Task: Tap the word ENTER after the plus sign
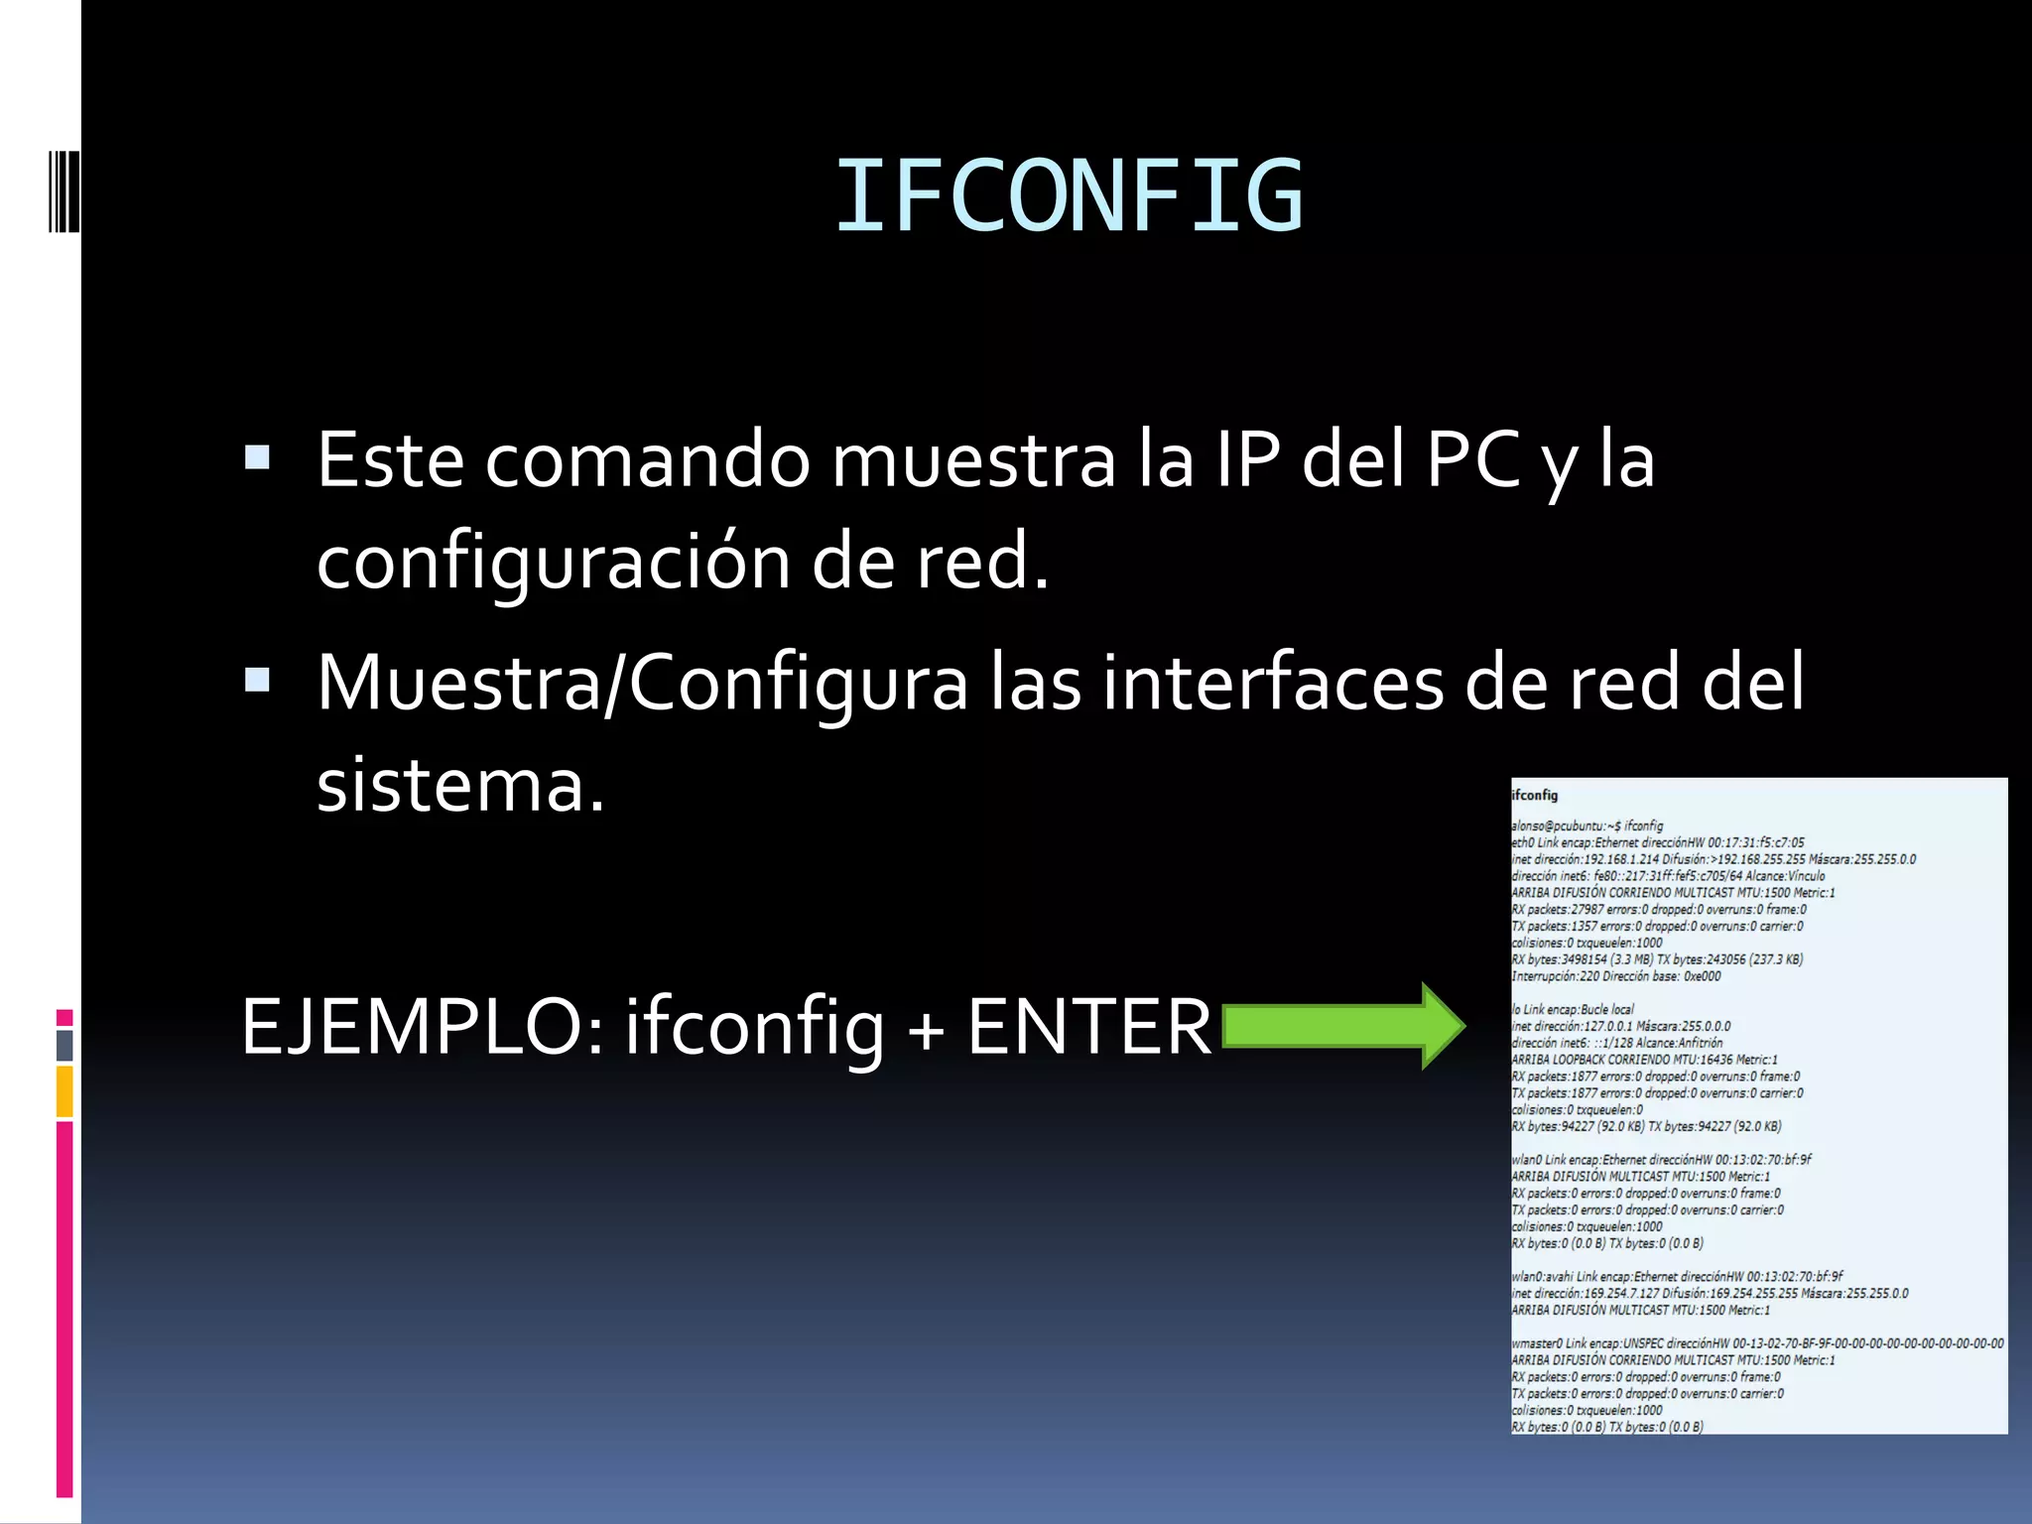pyautogui.click(x=1088, y=1026)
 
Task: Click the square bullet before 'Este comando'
pyautogui.click(x=257, y=457)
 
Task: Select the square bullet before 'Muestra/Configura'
pyautogui.click(x=257, y=680)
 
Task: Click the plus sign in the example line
pyautogui.click(x=926, y=1028)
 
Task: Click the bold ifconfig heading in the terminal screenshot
pyautogui.click(x=1535, y=795)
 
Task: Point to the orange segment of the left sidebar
pyautogui.click(x=64, y=1091)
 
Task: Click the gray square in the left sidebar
pyautogui.click(x=64, y=1045)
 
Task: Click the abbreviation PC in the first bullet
pyautogui.click(x=1472, y=460)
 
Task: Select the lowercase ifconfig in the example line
pyautogui.click(x=753, y=1026)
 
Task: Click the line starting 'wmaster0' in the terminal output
pyautogui.click(x=1756, y=1343)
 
